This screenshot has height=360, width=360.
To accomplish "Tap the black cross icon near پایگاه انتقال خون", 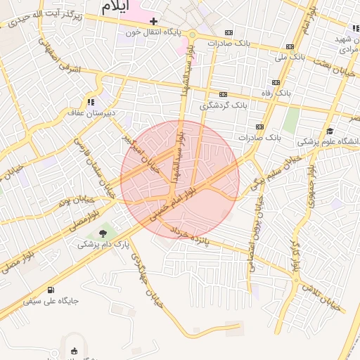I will (153, 22).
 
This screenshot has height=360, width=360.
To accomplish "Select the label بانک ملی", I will (289, 57).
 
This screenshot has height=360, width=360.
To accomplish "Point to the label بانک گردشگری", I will (224, 106).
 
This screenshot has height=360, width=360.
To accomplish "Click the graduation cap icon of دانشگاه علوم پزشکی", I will (329, 131).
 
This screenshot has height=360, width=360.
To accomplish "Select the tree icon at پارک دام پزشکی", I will (103, 233).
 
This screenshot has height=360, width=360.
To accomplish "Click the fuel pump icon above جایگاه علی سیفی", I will (51, 290).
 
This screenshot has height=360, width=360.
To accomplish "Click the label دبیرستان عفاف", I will (86, 112).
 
